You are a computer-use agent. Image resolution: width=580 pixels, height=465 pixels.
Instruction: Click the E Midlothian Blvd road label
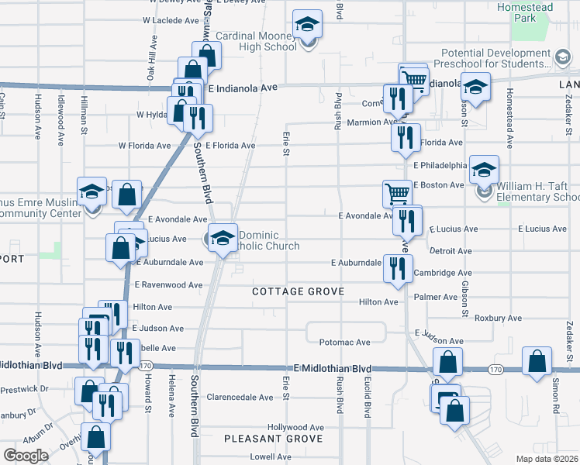pyautogui.click(x=333, y=368)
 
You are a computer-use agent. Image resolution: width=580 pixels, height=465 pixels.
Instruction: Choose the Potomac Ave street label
pyautogui.click(x=344, y=342)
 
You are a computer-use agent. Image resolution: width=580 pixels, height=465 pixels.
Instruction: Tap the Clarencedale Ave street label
pyautogui.click(x=240, y=398)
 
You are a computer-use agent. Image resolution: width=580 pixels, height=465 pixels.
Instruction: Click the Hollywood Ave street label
pyautogui.click(x=295, y=427)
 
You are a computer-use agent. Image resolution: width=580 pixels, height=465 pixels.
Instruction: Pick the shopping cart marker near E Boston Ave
pyautogui.click(x=397, y=194)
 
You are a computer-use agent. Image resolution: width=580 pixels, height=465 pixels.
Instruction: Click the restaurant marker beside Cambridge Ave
pyautogui.click(x=397, y=268)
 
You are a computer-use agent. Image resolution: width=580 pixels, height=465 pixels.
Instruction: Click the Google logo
pyautogui.click(x=26, y=456)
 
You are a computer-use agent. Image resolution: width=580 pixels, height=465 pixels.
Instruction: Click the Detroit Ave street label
pyautogui.click(x=451, y=251)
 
